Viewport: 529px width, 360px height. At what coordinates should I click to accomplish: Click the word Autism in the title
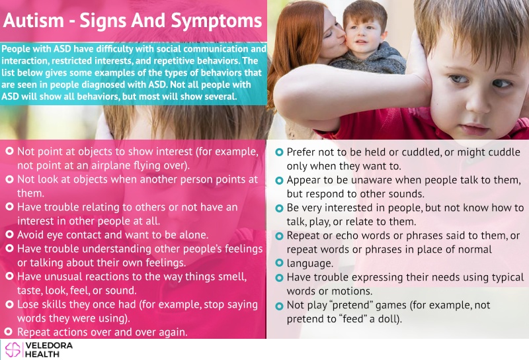coord(34,21)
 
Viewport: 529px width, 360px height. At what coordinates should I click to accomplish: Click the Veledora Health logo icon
coord(13,349)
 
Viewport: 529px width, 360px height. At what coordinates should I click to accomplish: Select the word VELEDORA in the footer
coord(49,345)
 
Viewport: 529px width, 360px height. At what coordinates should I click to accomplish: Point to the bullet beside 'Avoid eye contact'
coord(9,234)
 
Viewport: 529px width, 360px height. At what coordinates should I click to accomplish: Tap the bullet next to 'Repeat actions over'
coord(9,332)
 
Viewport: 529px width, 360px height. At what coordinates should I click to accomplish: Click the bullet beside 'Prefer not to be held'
coord(279,152)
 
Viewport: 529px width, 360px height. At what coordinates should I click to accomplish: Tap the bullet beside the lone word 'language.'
coord(279,263)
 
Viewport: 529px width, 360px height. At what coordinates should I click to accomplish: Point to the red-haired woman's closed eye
coord(329,33)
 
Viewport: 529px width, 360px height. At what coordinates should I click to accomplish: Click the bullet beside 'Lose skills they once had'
coord(9,304)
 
